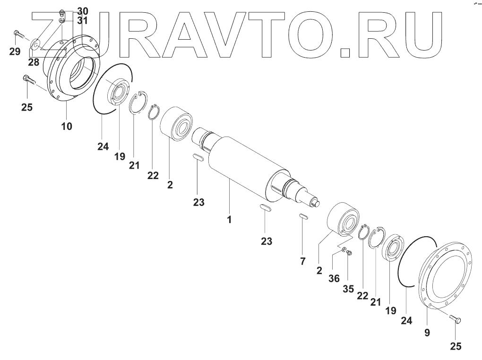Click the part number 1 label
tap(229, 220)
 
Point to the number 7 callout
tap(303, 261)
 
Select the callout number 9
tap(427, 333)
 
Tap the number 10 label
tap(67, 127)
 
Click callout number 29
tap(15, 51)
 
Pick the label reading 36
tap(334, 279)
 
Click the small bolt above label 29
tap(17, 34)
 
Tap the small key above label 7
tap(303, 217)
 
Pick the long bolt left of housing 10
tap(29, 80)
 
